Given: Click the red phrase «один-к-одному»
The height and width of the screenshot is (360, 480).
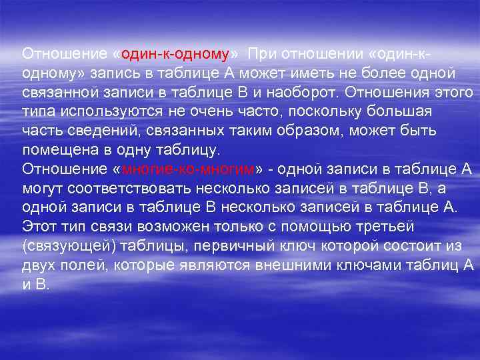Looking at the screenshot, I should click(x=176, y=53).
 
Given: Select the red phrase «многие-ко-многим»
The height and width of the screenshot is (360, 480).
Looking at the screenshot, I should click(x=189, y=168).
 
